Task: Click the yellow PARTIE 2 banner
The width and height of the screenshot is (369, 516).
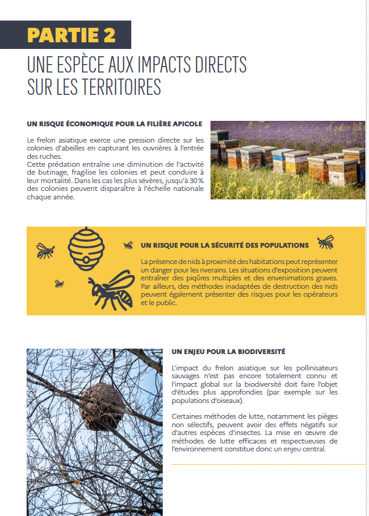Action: (71, 34)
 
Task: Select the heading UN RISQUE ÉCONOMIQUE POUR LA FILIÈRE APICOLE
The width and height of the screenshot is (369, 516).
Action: (114, 124)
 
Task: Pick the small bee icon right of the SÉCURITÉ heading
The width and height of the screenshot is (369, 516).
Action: (326, 242)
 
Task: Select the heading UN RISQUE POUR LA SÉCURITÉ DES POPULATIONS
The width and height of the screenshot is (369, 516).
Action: (224, 245)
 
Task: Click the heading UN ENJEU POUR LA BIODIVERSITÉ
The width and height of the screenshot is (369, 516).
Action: (229, 351)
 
